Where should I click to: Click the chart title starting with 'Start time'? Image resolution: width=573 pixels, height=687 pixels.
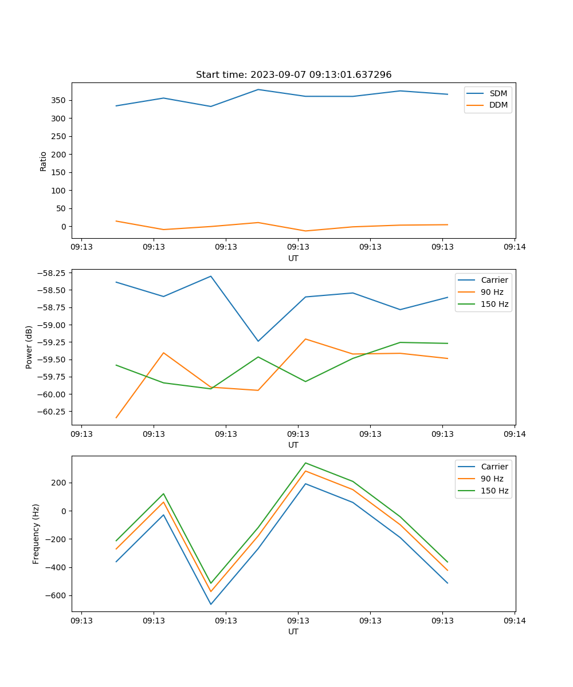[293, 75]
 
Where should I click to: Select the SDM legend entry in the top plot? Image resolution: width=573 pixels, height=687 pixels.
[498, 93]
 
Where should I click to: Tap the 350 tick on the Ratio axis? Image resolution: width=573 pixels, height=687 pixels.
[59, 100]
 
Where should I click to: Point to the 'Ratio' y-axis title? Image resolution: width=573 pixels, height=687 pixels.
[44, 161]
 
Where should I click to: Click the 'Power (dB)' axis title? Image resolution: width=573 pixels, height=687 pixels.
[29, 347]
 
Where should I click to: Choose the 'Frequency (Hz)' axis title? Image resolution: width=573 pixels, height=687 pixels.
[36, 534]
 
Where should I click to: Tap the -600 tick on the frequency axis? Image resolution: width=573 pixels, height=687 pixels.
[55, 595]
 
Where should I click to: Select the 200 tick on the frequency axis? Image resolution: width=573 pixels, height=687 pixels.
[59, 483]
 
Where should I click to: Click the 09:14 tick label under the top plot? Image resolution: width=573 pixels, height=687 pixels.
[514, 247]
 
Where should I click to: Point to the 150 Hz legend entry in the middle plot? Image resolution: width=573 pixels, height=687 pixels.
[494, 304]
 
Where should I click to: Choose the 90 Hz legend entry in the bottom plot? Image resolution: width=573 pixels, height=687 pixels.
[492, 479]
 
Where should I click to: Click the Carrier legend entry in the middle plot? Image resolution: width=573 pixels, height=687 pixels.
[494, 280]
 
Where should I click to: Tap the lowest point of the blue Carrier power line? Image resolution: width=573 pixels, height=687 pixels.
[258, 341]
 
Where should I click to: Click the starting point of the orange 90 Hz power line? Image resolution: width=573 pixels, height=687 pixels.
[116, 418]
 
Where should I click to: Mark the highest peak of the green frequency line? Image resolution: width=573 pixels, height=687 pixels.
[305, 463]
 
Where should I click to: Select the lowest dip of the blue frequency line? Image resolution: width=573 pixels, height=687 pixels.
[211, 605]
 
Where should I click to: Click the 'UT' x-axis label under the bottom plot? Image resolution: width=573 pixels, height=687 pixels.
[293, 631]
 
